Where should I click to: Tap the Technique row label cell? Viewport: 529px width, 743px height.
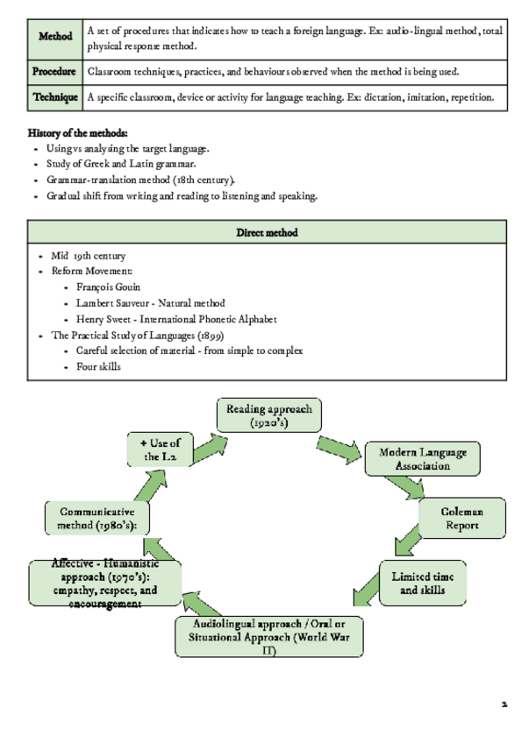(x=54, y=97)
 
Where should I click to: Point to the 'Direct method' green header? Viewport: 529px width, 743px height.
(x=267, y=232)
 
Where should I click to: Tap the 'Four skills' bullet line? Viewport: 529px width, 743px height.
(x=98, y=366)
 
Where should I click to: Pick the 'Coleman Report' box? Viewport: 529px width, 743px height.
(x=461, y=518)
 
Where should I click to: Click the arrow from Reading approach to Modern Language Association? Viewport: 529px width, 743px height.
(x=339, y=444)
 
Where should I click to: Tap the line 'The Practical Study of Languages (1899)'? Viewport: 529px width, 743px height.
(x=138, y=335)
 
